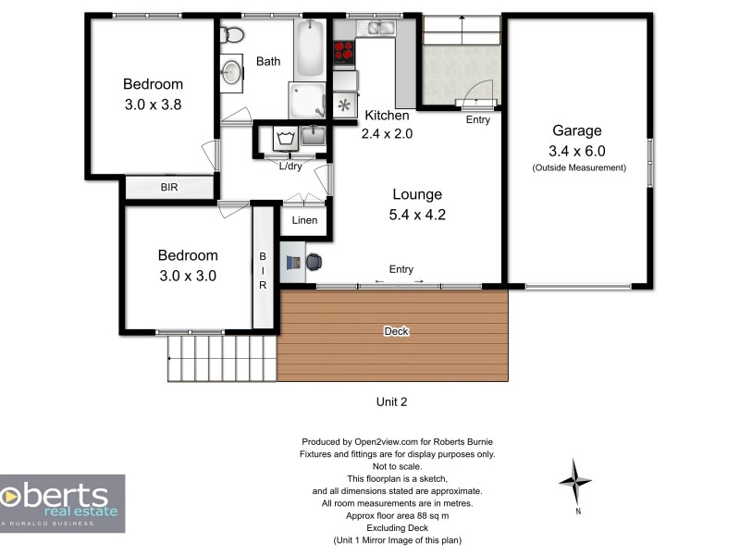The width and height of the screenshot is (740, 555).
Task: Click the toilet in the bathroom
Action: (x=233, y=36)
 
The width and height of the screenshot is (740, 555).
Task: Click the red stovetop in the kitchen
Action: (x=344, y=53)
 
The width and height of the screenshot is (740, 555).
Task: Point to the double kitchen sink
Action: (x=380, y=29)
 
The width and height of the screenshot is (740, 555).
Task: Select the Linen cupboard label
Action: (x=304, y=220)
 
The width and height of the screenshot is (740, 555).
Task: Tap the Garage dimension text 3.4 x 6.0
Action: (x=577, y=151)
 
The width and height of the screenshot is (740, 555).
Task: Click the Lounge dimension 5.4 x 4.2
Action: (x=417, y=215)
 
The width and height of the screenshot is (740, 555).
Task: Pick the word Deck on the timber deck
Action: (x=398, y=331)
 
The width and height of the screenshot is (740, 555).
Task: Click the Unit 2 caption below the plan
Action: (x=391, y=401)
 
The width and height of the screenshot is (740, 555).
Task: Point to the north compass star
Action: (x=576, y=481)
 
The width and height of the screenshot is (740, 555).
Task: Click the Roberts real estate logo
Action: (x=62, y=502)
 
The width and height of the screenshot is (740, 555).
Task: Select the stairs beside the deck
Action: (x=222, y=358)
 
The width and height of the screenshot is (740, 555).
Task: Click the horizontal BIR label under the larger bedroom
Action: (x=169, y=188)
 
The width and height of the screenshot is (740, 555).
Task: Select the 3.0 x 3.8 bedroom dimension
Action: (x=153, y=105)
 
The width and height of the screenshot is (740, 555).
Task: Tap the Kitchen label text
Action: (x=387, y=116)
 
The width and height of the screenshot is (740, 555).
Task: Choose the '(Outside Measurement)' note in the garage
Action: (x=578, y=167)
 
